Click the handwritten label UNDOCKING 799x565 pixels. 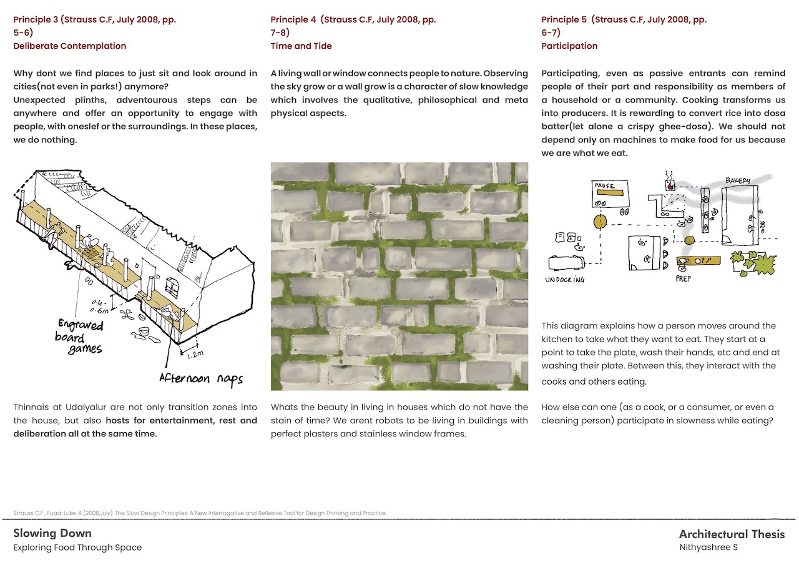(x=566, y=279)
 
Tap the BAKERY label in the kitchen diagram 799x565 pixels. (x=737, y=181)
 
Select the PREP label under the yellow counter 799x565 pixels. (x=684, y=279)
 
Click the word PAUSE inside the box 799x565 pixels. (x=605, y=186)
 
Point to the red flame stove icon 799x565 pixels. (x=670, y=185)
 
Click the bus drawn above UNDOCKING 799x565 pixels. (x=566, y=263)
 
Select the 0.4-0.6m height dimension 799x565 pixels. (x=99, y=306)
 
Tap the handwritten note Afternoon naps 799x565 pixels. (x=200, y=378)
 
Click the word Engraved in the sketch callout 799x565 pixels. (x=81, y=325)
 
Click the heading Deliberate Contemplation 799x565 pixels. (x=70, y=46)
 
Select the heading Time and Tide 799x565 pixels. (x=301, y=46)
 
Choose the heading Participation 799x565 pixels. (x=569, y=46)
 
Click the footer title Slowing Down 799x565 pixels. (x=52, y=533)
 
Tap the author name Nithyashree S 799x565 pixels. (x=708, y=548)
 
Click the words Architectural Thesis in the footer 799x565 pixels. (x=732, y=534)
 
